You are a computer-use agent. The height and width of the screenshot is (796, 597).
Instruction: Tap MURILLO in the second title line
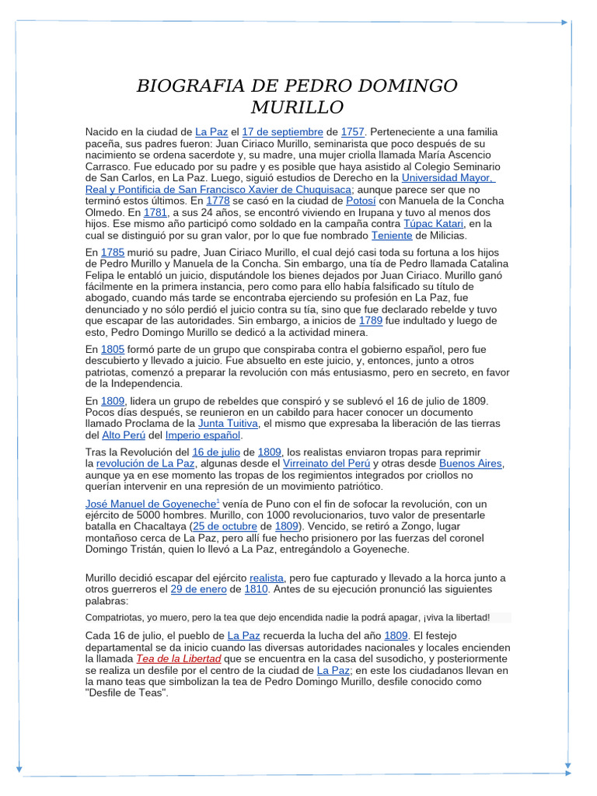pos(298,106)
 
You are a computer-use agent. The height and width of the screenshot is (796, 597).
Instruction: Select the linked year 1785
pos(113,253)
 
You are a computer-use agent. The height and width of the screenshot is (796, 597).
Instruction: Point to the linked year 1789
pos(370,321)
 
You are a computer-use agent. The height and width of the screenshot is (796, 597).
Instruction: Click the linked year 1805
pos(113,350)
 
